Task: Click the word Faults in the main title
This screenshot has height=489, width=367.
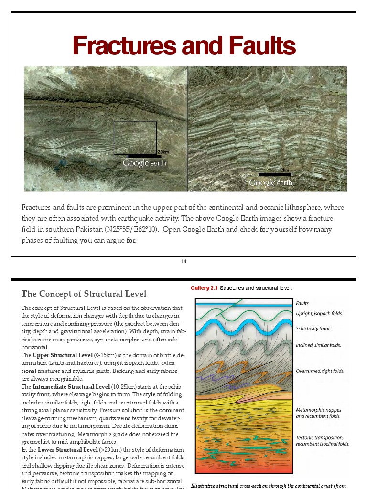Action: pyautogui.click(x=262, y=46)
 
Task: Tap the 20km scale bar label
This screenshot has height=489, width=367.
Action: pyautogui.click(x=163, y=152)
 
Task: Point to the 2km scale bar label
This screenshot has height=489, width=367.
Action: pyautogui.click(x=285, y=170)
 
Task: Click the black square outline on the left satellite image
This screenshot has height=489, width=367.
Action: pyautogui.click(x=135, y=138)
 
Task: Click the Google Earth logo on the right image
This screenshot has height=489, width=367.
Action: pyautogui.click(x=271, y=183)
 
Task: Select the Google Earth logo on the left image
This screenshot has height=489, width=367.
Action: pyautogui.click(x=144, y=163)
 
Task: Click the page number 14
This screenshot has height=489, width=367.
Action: pyautogui.click(x=183, y=261)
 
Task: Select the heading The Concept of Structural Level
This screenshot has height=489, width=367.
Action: pyautogui.click(x=84, y=293)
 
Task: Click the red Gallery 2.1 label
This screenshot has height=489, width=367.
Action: pyautogui.click(x=204, y=288)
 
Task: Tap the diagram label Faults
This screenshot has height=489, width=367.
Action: pyautogui.click(x=302, y=303)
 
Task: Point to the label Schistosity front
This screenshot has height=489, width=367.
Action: pyautogui.click(x=313, y=329)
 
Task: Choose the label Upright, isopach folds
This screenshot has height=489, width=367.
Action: pyautogui.click(x=319, y=313)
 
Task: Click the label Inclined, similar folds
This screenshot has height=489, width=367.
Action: pyautogui.click(x=318, y=345)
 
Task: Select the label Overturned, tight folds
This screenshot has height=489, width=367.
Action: pyautogui.click(x=320, y=371)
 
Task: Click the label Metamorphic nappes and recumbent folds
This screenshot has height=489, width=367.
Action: pyautogui.click(x=318, y=413)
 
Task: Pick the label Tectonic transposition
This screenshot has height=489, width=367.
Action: pyautogui.click(x=320, y=437)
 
